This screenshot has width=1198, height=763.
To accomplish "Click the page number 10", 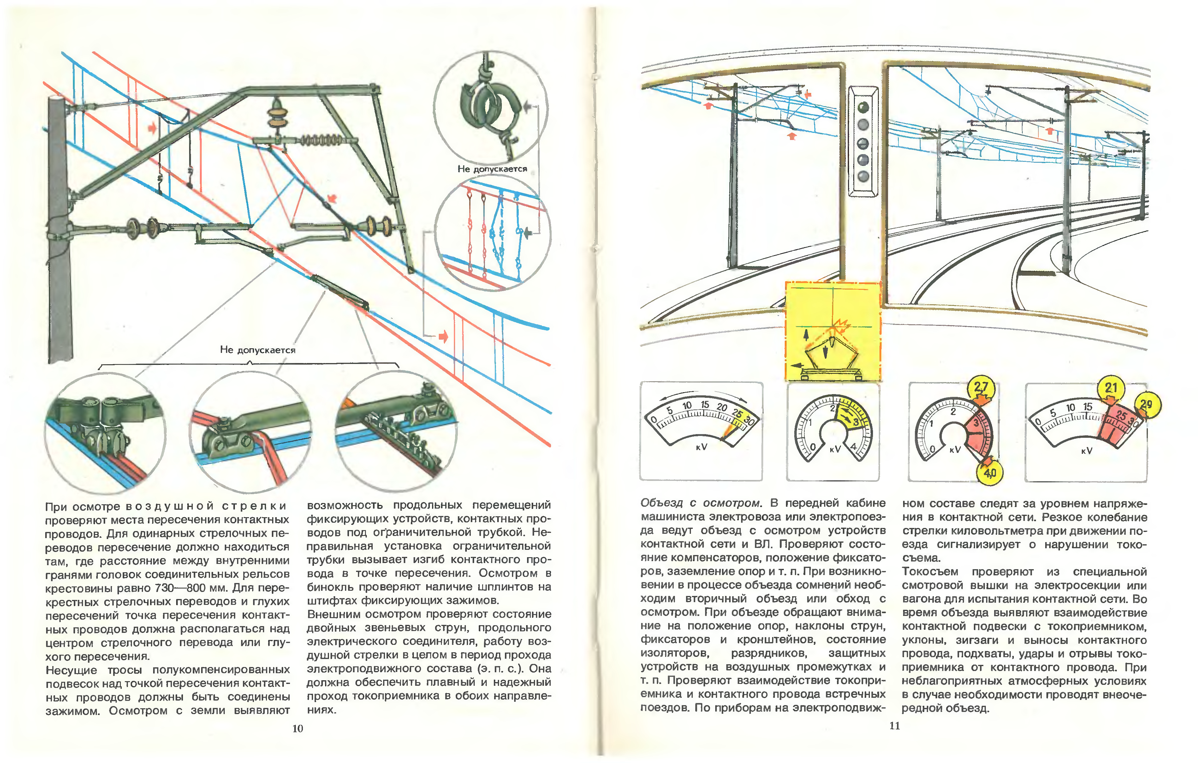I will point(298,729).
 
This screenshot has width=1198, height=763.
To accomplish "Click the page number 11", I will point(895,726).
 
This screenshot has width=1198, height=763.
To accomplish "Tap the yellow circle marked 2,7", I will point(981,387).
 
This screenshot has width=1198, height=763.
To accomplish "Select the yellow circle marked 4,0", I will point(990,472).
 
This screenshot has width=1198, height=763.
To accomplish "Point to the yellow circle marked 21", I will point(1111,388).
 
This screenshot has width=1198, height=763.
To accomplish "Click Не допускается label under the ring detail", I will point(492,169).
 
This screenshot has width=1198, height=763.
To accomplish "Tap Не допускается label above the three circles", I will point(258,350).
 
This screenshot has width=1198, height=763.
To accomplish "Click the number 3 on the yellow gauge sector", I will point(856,422).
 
